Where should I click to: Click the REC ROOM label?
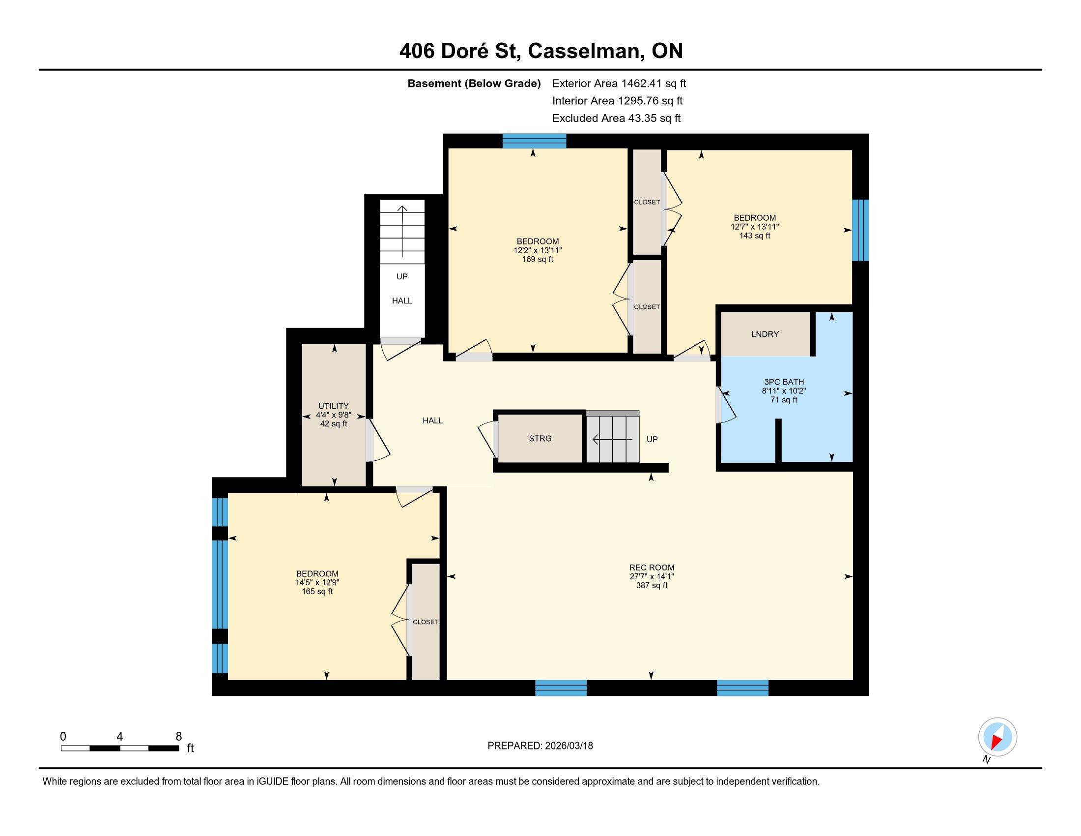652,567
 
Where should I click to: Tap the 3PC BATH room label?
784,382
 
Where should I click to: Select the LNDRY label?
765,334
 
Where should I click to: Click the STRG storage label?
540,438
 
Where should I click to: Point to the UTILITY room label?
334,406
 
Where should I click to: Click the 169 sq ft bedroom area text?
538,259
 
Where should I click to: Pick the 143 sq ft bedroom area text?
755,236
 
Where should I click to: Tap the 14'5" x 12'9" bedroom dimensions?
317,582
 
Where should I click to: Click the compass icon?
997,737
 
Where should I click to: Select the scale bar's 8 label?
179,737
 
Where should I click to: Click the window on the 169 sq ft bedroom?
534,141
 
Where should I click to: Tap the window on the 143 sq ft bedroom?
860,230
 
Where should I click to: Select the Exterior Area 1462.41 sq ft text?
619,83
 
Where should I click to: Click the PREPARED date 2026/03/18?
568,746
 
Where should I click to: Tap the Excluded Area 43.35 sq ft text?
616,119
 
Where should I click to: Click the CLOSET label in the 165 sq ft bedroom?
426,622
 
